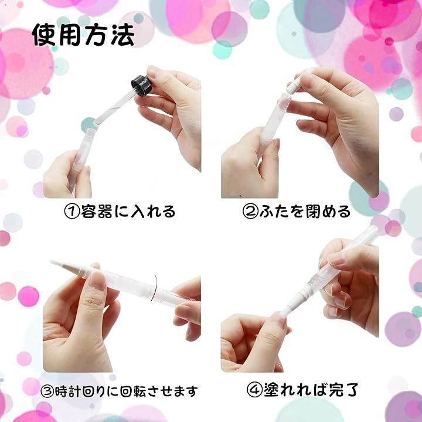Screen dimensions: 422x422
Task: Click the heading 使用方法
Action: pyautogui.click(x=83, y=35)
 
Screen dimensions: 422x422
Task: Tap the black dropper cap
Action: pyautogui.click(x=142, y=86)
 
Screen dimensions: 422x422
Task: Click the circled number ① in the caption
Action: pyautogui.click(x=72, y=211)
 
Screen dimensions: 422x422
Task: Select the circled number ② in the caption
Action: pyautogui.click(x=250, y=211)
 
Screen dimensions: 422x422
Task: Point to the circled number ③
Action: pyautogui.click(x=47, y=392)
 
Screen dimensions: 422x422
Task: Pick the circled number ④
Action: pyautogui.click(x=254, y=390)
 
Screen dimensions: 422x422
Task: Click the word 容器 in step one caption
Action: pyautogui.click(x=97, y=211)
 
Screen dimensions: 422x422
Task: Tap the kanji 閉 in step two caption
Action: pyautogui.click(x=314, y=211)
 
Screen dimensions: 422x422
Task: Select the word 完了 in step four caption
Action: pyautogui.click(x=343, y=390)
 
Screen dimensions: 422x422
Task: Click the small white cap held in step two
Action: pyautogui.click(x=296, y=83)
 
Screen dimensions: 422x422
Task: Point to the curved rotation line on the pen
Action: pyautogui.click(x=154, y=288)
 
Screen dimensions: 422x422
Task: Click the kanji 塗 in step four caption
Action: pyautogui.click(x=271, y=390)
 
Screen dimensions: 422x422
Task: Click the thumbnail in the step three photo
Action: pyautogui.click(x=97, y=280)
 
